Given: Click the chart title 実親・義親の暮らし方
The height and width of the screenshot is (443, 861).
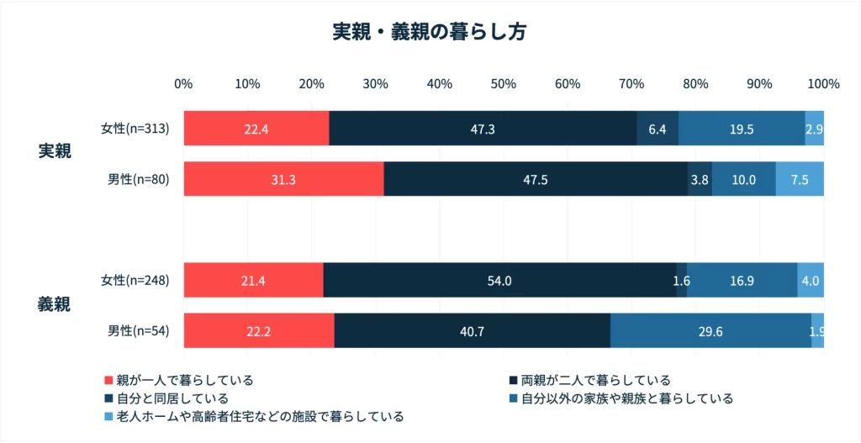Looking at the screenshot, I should coord(430,32).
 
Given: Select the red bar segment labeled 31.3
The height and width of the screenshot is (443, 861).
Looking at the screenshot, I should coord(283,180).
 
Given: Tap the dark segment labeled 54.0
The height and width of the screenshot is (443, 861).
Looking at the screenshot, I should coord(499,281).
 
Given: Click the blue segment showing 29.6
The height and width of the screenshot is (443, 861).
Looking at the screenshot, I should coord(710,331).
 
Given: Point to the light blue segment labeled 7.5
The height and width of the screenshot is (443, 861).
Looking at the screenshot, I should coord(800,180).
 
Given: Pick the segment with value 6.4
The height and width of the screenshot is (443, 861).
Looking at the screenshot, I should coord(658,129).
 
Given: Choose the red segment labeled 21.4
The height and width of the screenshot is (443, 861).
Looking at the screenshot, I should coord(253,281).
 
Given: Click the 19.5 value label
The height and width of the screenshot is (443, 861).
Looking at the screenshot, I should coord(742,129).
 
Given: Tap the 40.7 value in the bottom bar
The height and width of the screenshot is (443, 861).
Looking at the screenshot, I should coord(472,331).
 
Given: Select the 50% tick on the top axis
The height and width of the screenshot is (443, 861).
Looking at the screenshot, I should coord(503,84).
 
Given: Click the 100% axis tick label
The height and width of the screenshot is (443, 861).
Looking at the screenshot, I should coord(823,84).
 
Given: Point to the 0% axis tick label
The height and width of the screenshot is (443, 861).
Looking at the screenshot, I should coord(183,84).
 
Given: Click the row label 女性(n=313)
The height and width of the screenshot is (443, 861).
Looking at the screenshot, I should coord(135,129).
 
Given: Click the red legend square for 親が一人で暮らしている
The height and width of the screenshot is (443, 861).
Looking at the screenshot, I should coord(108,380).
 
